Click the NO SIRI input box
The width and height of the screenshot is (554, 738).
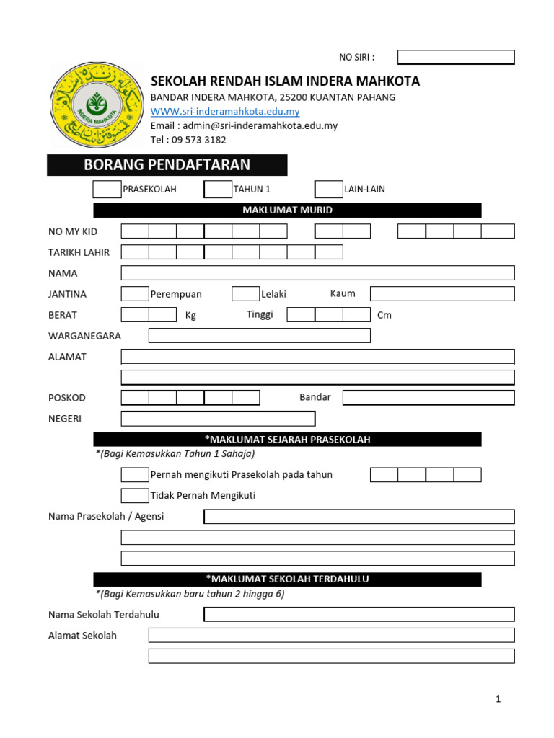[456, 58]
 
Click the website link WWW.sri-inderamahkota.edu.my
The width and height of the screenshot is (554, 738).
[224, 112]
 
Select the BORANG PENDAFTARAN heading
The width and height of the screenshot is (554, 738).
[167, 165]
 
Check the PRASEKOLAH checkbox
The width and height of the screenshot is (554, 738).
[107, 190]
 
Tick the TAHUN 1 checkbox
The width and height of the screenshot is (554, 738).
[218, 190]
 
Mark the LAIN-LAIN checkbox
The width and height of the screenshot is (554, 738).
[329, 190]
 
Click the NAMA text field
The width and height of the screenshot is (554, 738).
[317, 273]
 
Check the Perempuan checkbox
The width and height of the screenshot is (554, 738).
[135, 294]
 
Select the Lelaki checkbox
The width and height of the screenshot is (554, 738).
[245, 294]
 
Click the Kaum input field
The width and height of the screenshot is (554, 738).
[442, 294]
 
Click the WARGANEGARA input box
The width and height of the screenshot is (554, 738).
[259, 336]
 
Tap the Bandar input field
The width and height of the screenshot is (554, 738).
[428, 398]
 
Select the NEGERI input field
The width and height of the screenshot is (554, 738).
[218, 419]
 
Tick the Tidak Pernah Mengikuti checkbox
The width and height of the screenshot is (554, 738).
[135, 496]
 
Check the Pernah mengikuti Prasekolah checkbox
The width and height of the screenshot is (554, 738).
[135, 475]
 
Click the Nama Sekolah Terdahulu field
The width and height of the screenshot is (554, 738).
[359, 615]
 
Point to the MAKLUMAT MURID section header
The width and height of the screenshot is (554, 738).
[287, 210]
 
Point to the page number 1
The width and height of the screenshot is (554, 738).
[498, 699]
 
